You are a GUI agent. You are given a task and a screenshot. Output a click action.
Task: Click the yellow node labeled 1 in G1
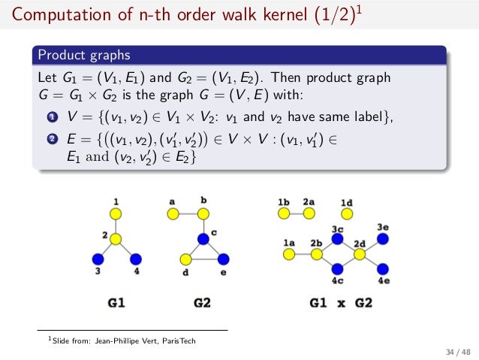click(x=116, y=213)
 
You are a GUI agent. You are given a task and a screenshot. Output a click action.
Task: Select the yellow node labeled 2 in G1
click(x=116, y=239)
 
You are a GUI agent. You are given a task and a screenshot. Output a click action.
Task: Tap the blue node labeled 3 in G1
click(x=98, y=259)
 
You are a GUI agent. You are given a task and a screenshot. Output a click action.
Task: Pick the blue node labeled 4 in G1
click(x=135, y=259)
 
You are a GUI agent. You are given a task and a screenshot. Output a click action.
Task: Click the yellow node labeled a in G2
click(x=173, y=213)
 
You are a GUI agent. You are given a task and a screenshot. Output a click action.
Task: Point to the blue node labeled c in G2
click(x=203, y=239)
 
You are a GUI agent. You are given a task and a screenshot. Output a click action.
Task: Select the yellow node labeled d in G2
click(x=185, y=259)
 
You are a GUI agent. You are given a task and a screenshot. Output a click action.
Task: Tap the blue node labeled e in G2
click(x=223, y=259)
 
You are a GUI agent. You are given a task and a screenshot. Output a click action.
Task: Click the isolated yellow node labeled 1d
click(x=346, y=214)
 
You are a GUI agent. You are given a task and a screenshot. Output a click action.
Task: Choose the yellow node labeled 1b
click(x=284, y=214)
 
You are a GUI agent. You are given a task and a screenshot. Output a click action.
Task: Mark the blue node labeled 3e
click(x=383, y=239)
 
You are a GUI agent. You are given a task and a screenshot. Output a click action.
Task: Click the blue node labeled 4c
click(x=339, y=268)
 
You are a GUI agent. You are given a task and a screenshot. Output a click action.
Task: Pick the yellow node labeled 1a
click(x=289, y=255)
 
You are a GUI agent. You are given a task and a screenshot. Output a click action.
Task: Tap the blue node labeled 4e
click(x=383, y=268)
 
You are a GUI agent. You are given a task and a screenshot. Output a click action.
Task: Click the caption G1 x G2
click(x=341, y=304)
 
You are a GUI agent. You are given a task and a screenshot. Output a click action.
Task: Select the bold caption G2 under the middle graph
click(x=203, y=304)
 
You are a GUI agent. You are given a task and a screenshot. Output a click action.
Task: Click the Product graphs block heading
click(x=84, y=55)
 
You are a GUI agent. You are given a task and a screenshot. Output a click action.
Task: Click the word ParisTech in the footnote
click(x=178, y=340)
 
